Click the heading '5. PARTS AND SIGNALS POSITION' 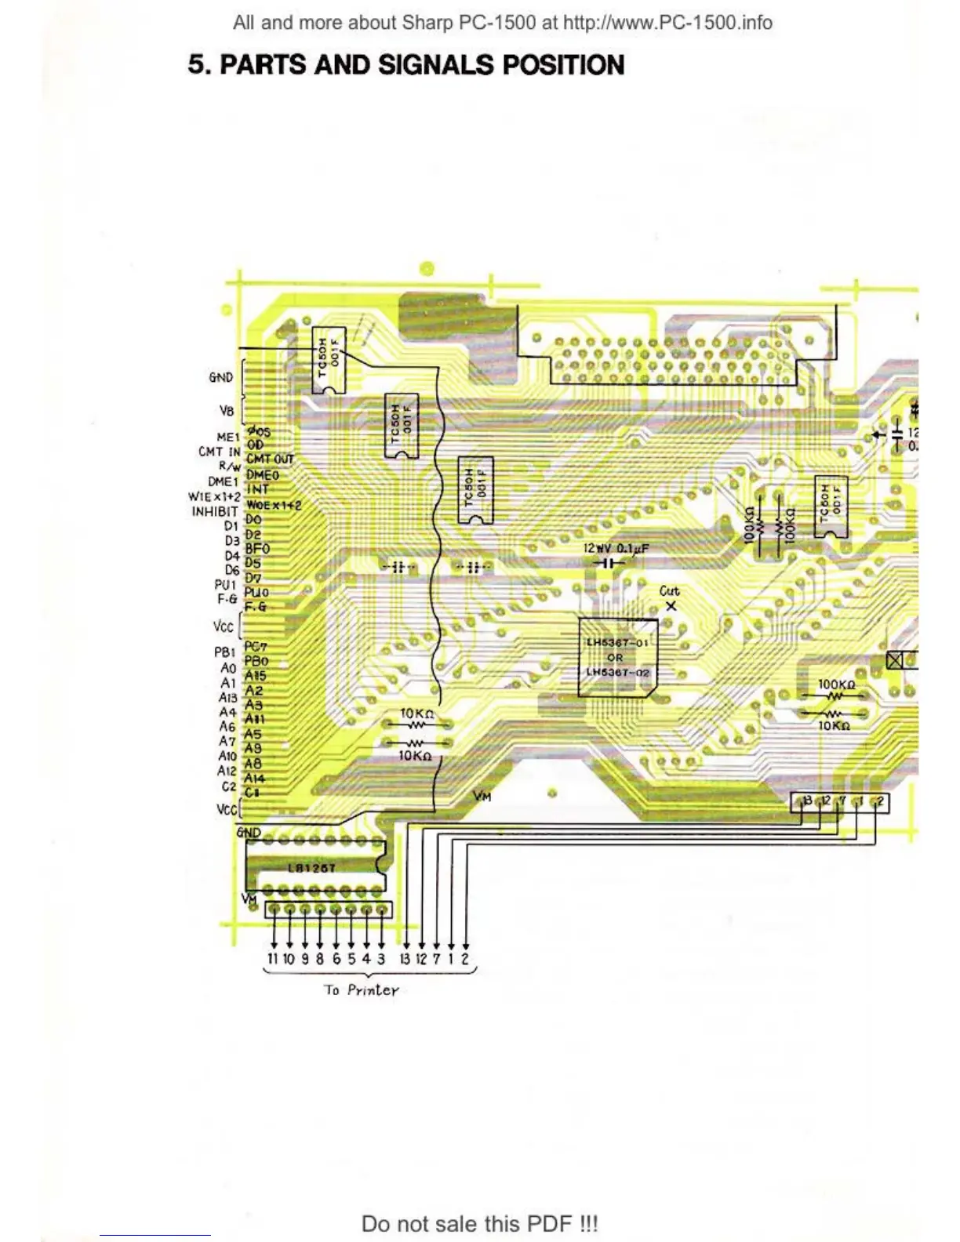tap(405, 64)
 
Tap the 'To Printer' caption tap(362, 990)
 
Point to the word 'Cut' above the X tap(669, 591)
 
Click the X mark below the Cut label tap(671, 606)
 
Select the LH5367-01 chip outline tap(617, 657)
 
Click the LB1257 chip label tap(311, 868)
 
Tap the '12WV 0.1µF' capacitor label tap(616, 549)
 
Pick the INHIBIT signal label tap(214, 511)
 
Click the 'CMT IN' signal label tap(219, 452)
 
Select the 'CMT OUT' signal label tap(270, 459)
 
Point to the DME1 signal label tap(222, 481)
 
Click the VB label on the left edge tap(226, 410)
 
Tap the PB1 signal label tap(224, 652)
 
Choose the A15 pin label tap(256, 675)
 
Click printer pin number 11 tap(273, 959)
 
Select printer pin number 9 tap(304, 959)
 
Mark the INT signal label tap(257, 489)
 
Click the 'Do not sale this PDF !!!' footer tap(479, 1223)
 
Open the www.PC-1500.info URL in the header tap(667, 23)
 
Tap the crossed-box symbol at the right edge tap(894, 660)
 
